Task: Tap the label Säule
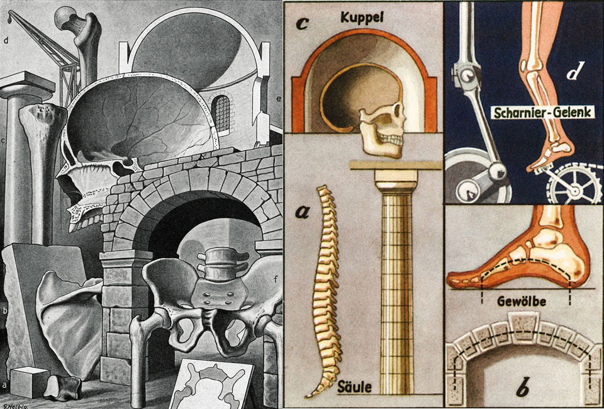(355, 386)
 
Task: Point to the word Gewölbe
(522, 301)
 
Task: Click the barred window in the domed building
(220, 113)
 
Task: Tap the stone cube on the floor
(30, 382)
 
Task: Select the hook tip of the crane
(9, 17)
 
